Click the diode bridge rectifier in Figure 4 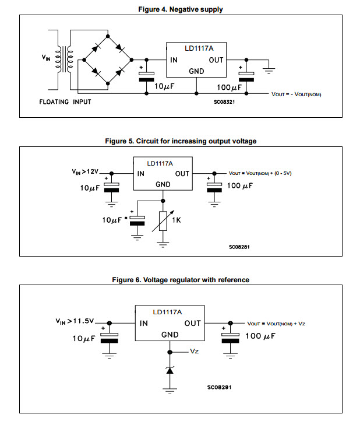pyautogui.click(x=108, y=59)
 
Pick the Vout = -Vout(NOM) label pyautogui.click(x=297, y=94)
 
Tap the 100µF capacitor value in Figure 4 pyautogui.click(x=228, y=87)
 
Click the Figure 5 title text pyautogui.click(x=180, y=141)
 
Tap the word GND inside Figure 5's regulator pyautogui.click(x=163, y=184)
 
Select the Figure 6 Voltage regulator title pyautogui.click(x=180, y=280)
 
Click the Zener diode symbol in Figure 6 pyautogui.click(x=170, y=370)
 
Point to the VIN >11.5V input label pyautogui.click(x=75, y=321)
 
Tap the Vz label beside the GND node pyautogui.click(x=195, y=352)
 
